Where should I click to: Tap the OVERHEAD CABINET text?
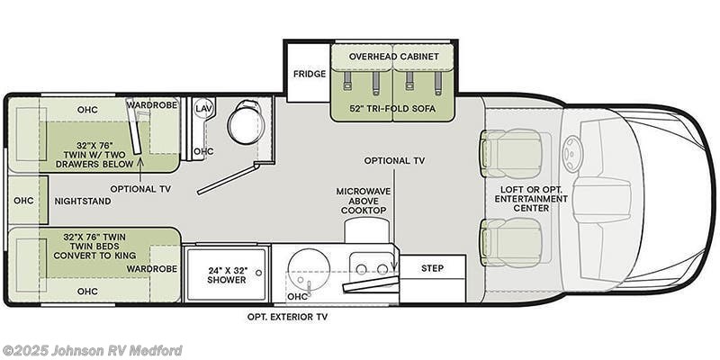pyautogui.click(x=394, y=56)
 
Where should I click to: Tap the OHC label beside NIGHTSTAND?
pyautogui.click(x=22, y=200)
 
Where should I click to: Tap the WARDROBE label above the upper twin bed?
pyautogui.click(x=151, y=105)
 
